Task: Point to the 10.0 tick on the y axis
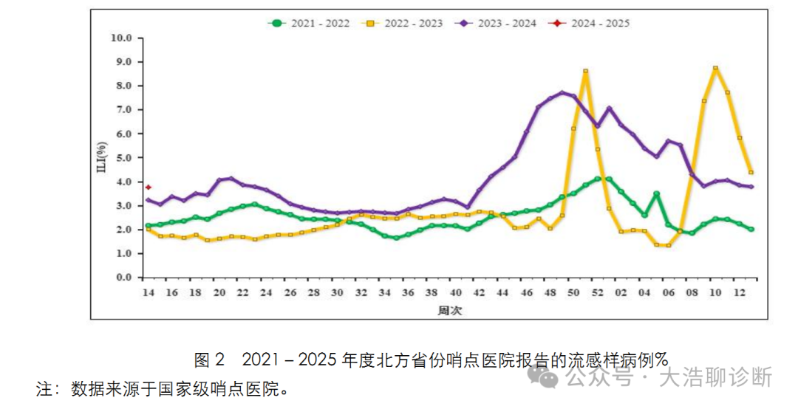120,38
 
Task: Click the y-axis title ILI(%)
101,157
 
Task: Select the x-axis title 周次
449,311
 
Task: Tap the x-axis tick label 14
148,293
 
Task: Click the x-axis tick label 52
597,293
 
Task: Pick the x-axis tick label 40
455,293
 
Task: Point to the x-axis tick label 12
739,293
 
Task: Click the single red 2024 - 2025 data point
148,187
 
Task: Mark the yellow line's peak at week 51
585,71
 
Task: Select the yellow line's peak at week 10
715,68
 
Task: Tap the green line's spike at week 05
656,193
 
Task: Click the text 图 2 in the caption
208,360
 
